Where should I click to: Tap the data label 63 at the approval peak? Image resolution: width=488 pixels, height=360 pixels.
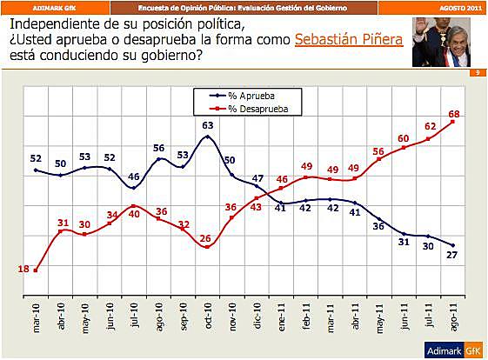pos(208,126)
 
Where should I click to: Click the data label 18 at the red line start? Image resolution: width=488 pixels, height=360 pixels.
pos(23,270)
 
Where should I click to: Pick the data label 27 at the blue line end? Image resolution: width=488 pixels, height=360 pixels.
pos(451,255)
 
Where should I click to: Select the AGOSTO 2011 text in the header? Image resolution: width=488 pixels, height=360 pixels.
pos(460,6)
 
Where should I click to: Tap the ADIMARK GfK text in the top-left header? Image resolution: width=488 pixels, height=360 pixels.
pos(51,6)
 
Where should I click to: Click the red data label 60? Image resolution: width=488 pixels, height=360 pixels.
pos(403,138)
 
